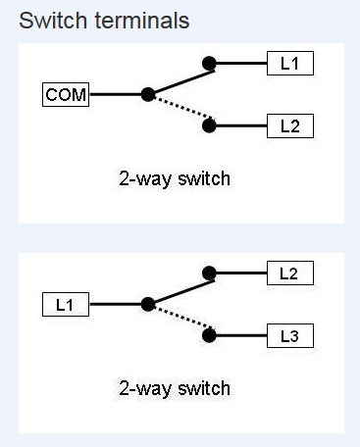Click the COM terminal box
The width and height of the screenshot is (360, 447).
point(65,95)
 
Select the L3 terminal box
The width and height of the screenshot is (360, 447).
point(289,336)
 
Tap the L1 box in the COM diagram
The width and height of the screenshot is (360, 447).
point(289,65)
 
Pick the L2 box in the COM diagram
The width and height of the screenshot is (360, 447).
point(289,125)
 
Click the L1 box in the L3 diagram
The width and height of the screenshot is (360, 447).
point(65,305)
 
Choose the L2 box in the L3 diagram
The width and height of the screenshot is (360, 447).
point(289,274)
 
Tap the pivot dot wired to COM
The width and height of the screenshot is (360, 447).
point(147,95)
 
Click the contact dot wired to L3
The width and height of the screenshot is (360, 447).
point(208,336)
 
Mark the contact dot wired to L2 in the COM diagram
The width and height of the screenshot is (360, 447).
point(208,125)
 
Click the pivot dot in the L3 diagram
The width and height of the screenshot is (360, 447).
point(147,305)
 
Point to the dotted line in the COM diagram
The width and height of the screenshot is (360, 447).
point(180,111)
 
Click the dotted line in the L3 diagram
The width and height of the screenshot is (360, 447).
point(180,322)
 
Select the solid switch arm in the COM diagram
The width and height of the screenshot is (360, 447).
point(178,79)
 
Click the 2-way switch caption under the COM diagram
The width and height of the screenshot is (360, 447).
point(173,178)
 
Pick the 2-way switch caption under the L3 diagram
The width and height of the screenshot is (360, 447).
point(173,388)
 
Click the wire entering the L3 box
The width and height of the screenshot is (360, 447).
point(240,336)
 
